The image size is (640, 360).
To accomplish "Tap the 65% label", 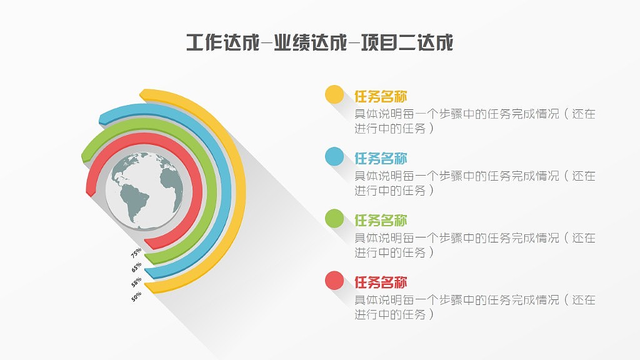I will point(136,267).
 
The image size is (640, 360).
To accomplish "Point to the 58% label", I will point(136,282).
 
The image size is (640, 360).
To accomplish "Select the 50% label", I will point(136,297).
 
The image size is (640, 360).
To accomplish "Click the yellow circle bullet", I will point(334,95).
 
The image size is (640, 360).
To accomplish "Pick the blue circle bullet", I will point(334,157).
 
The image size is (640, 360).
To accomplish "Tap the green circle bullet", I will point(334,219).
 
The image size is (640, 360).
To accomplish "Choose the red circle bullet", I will point(334,281).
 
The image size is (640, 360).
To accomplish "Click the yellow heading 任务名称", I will point(381,97).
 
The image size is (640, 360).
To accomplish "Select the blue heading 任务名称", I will point(381,159).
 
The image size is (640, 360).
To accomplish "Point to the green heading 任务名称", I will point(381,221).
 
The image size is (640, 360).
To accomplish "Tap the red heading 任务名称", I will point(381,282).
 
